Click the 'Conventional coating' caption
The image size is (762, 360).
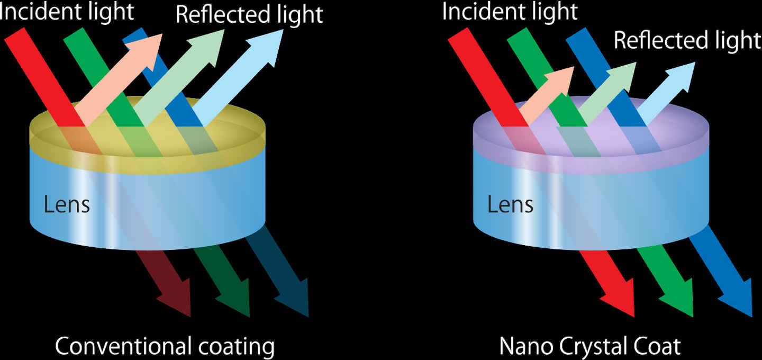tap(165, 347)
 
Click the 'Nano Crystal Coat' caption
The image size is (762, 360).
tap(590, 347)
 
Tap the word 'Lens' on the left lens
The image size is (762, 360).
tap(67, 204)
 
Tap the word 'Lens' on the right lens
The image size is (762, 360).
tap(510, 204)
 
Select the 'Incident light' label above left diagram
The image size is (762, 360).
tap(67, 12)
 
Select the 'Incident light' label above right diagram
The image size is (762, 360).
tap(510, 12)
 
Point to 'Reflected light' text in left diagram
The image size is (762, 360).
tap(249, 15)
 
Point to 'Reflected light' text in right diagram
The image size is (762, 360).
tap(687, 40)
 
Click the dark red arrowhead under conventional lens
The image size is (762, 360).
tap(177, 299)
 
